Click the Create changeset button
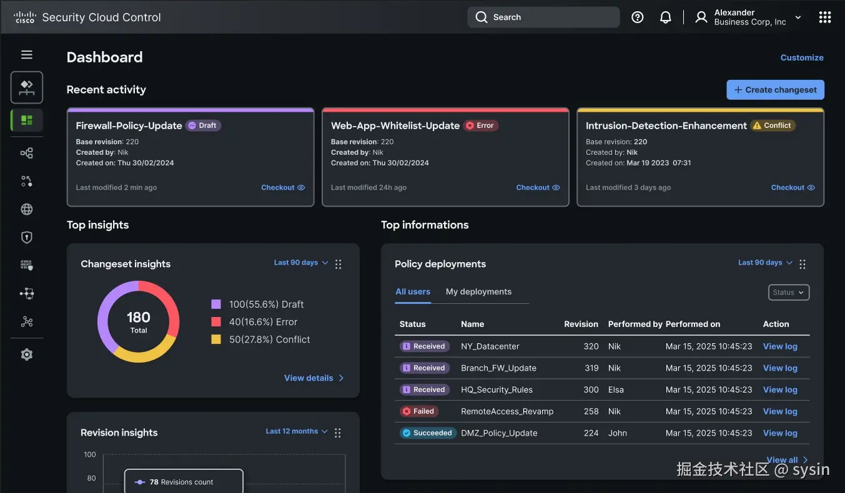coord(775,90)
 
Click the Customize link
coord(802,57)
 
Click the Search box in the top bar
coord(543,17)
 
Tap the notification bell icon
coord(666,17)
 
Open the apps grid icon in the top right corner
coord(824,17)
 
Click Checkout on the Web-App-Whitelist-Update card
coord(538,187)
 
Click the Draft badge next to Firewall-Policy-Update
coord(203,125)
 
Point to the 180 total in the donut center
coord(139,318)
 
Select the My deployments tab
coord(478,291)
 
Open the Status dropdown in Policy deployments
coord(788,292)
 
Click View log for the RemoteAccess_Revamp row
coord(780,411)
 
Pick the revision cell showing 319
coord(591,368)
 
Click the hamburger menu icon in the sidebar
coord(27,55)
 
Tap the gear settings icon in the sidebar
coord(27,354)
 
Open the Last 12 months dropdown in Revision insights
coord(296,431)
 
